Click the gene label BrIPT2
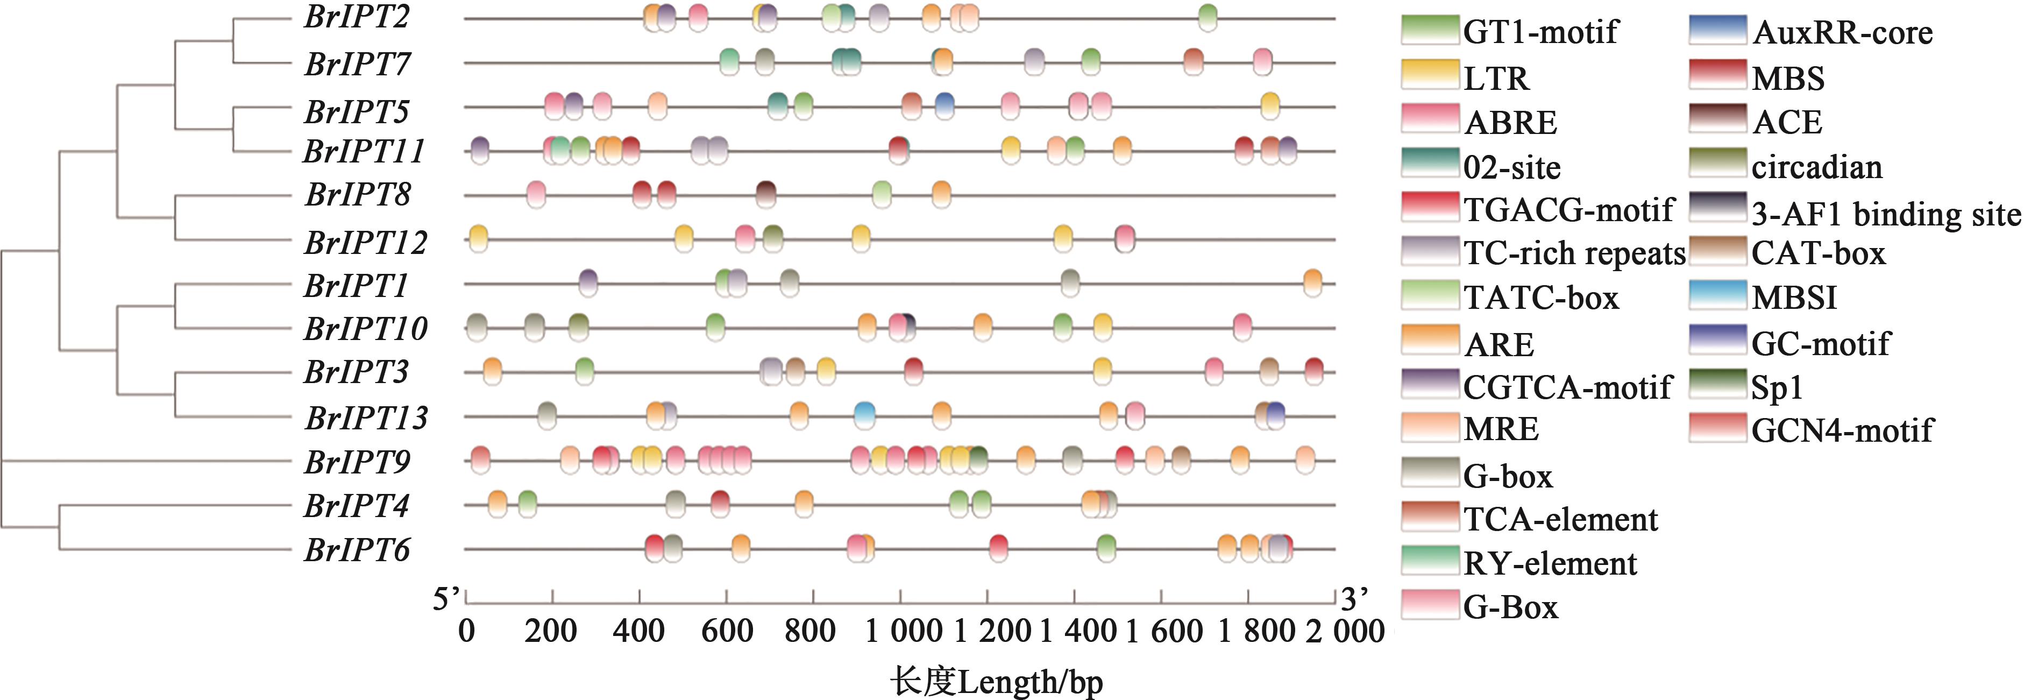(x=357, y=17)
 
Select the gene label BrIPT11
(x=364, y=151)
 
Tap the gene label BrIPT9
(x=357, y=462)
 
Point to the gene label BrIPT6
(x=357, y=550)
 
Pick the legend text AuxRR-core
(x=1842, y=33)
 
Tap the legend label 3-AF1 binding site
(x=1886, y=214)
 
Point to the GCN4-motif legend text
(x=1842, y=430)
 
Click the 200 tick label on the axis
(x=551, y=632)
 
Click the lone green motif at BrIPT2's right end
(x=1208, y=17)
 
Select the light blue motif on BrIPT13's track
(x=864, y=415)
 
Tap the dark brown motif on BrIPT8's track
(x=766, y=194)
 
